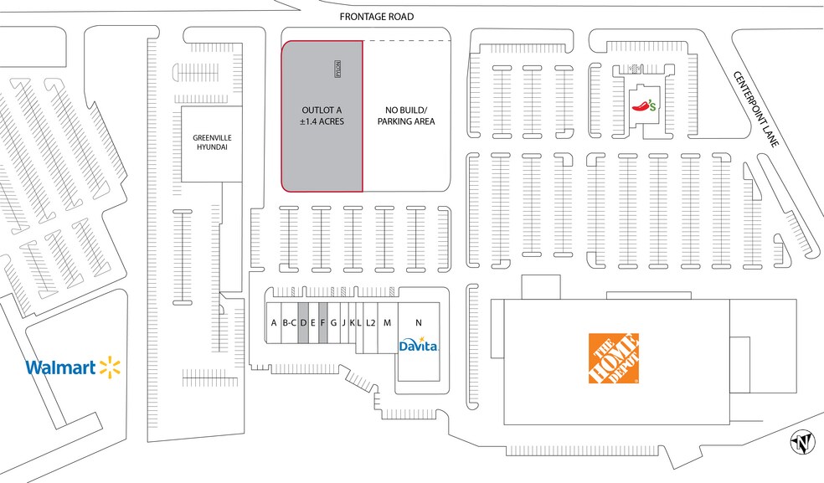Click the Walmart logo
click(73, 367)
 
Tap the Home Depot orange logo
click(614, 359)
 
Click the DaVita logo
click(419, 346)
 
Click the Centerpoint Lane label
click(756, 109)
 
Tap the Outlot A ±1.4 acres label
click(322, 116)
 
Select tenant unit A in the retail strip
click(274, 322)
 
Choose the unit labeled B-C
click(290, 322)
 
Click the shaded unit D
click(303, 322)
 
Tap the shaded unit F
click(322, 322)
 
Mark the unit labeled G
click(333, 322)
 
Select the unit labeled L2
click(370, 322)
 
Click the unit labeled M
click(387, 322)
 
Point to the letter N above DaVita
click(418, 322)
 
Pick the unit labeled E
click(312, 322)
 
